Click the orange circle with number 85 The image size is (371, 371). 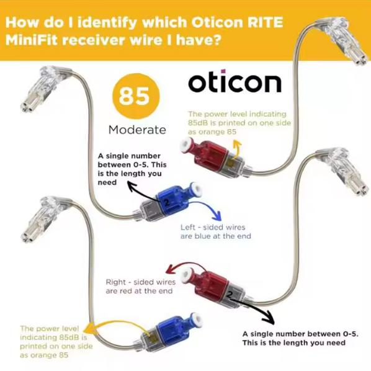136,96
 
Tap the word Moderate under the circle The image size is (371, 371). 137,130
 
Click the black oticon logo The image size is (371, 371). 235,82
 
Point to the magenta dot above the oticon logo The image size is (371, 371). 223,71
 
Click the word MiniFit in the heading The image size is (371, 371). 32,40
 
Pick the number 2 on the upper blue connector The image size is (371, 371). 166,202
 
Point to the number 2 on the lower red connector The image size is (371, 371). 230,295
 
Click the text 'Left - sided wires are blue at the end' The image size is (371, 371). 215,231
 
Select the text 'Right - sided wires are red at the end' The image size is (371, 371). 141,286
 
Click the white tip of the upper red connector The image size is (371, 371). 186,146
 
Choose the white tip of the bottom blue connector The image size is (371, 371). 196,319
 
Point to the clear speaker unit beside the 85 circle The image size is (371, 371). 45,89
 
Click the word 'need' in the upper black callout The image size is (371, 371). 107,182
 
